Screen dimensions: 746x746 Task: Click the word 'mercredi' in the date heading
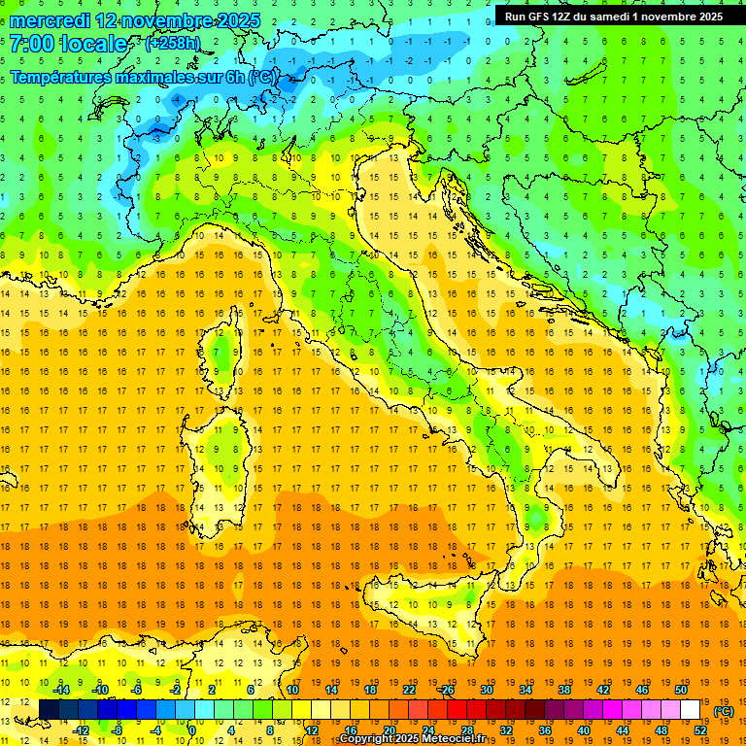[x=47, y=20]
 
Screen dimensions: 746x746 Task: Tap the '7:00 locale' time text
[x=68, y=44]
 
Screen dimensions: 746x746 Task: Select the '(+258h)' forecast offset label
[x=174, y=44]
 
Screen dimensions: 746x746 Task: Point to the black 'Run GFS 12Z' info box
[x=613, y=17]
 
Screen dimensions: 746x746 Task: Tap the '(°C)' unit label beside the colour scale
[x=724, y=711]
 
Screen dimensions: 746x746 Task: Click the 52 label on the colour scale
[x=700, y=730]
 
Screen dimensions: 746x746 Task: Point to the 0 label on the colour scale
[x=192, y=730]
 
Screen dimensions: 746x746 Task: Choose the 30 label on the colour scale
[x=487, y=689]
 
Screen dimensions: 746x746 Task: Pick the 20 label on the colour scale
[x=389, y=730]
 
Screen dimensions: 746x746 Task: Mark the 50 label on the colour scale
[x=681, y=689]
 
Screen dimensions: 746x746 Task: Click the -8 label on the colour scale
[x=117, y=730]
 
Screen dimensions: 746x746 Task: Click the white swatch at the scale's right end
[x=691, y=710]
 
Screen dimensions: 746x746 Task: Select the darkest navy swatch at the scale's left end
[x=49, y=710]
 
